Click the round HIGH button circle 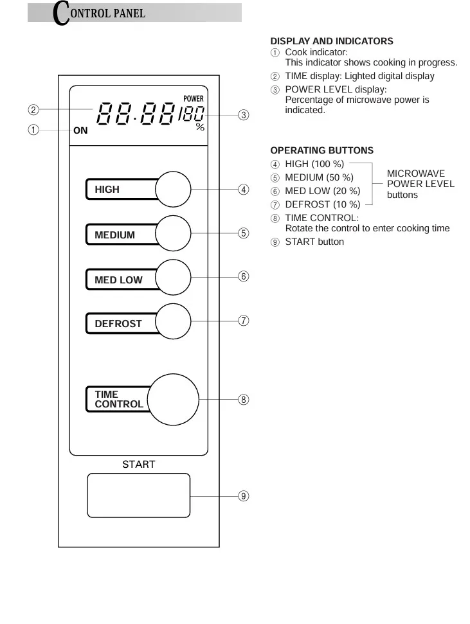click(174, 190)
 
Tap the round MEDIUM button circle click(174, 233)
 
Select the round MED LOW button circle click(174, 278)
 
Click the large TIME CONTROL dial click(174, 398)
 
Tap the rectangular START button click(139, 495)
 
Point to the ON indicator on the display click(80, 130)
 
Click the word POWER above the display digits click(194, 99)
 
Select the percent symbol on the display click(200, 127)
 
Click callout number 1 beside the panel click(33, 130)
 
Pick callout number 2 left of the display click(33, 109)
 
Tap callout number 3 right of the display click(243, 115)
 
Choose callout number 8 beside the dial click(243, 399)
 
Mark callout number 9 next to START click(243, 495)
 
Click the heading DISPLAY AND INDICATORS click(331, 41)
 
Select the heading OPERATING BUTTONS click(321, 150)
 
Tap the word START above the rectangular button click(139, 464)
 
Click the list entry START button click(314, 242)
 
